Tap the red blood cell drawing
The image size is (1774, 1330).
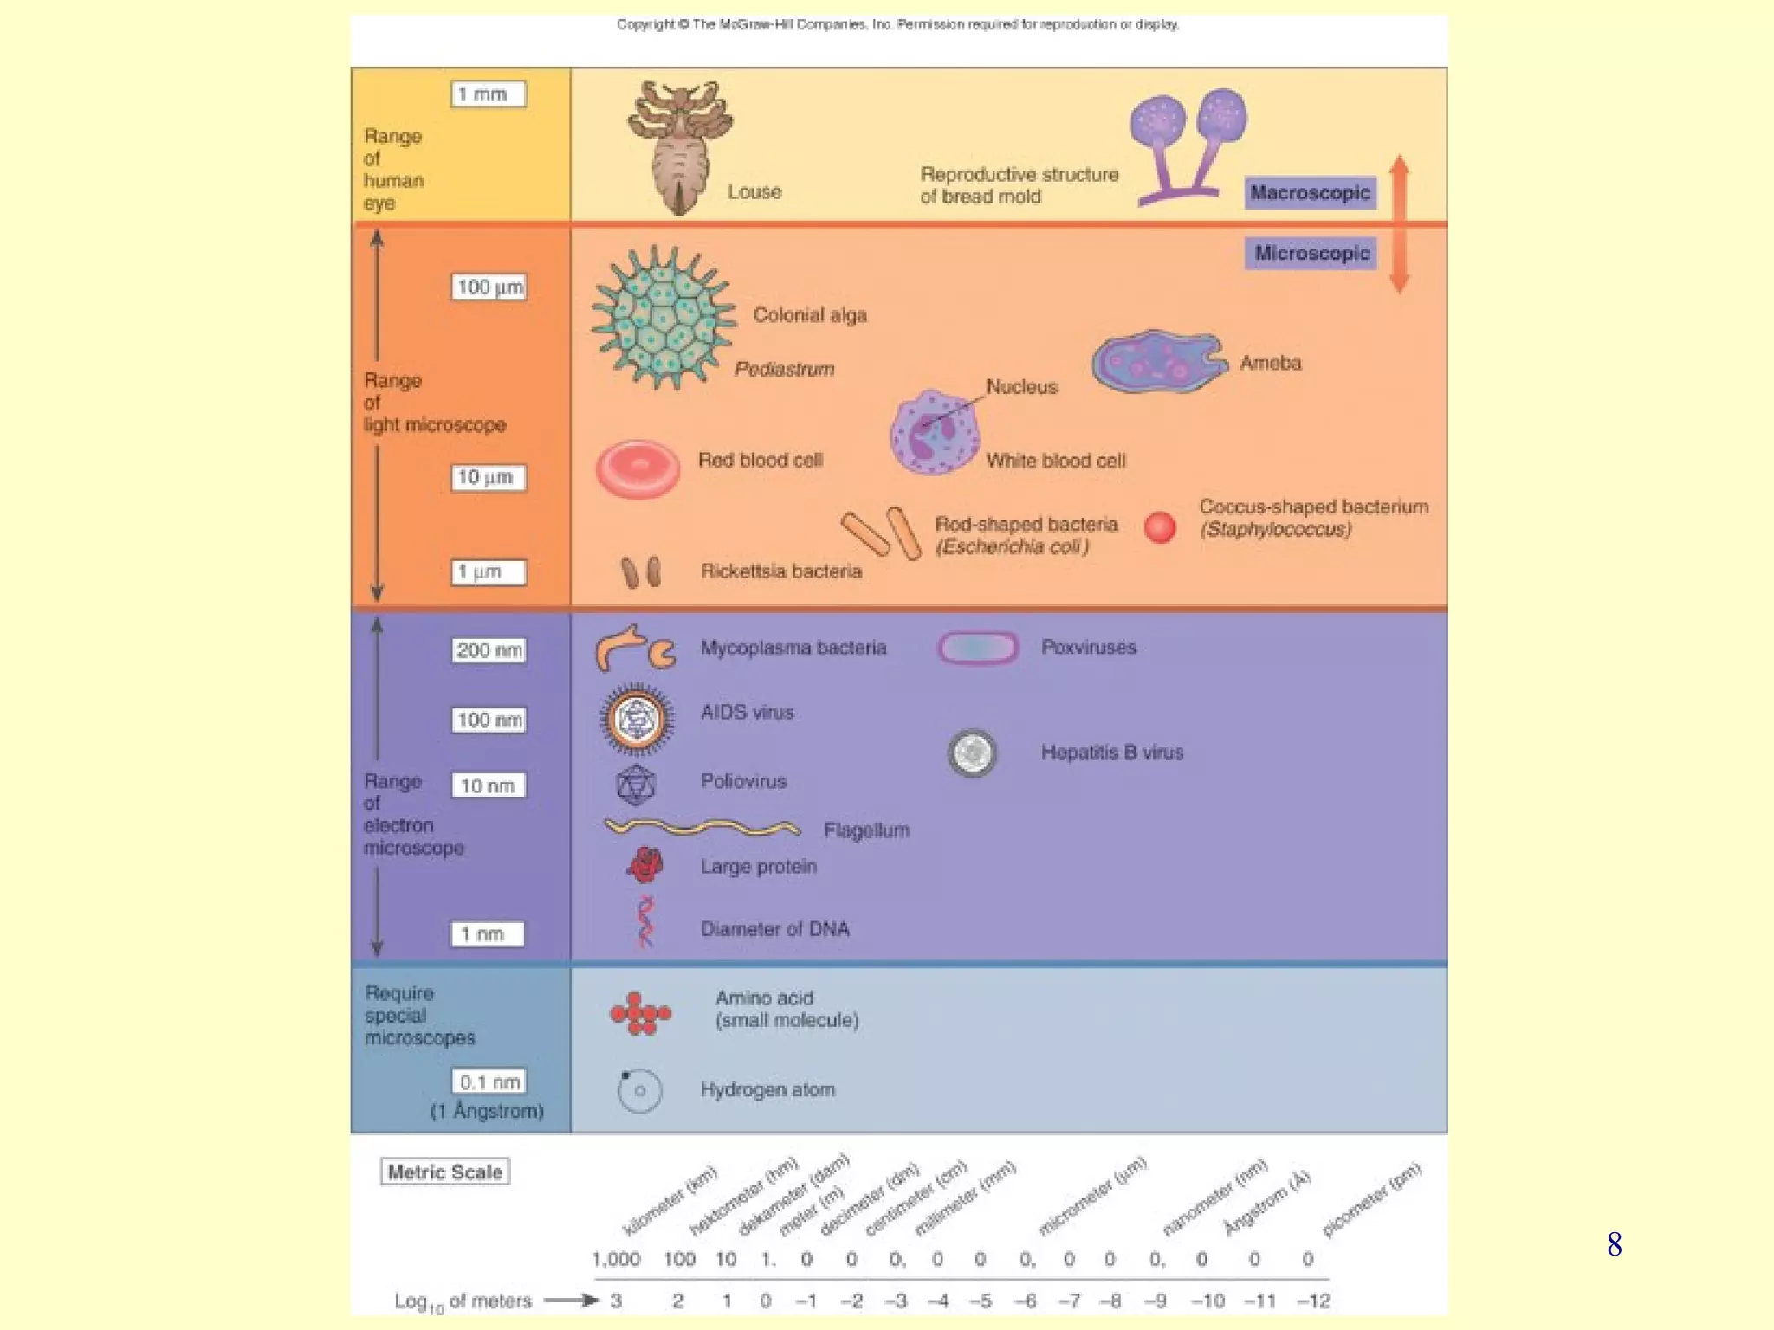pos(638,469)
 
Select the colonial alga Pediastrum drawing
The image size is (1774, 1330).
pos(663,317)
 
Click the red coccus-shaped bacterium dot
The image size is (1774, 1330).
pos(1160,527)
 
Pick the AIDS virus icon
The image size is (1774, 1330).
pos(637,719)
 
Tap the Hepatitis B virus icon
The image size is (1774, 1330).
pos(972,752)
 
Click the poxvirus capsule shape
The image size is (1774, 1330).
pos(977,648)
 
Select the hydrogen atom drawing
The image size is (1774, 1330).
pos(639,1090)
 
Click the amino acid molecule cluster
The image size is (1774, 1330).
pos(640,1013)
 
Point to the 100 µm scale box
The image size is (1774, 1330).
pos(489,287)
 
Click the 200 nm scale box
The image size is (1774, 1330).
pos(489,650)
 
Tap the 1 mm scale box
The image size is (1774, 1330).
pos(489,94)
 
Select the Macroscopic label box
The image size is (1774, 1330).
pos(1310,192)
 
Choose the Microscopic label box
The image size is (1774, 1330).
pos(1311,253)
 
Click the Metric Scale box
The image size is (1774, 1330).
pos(444,1172)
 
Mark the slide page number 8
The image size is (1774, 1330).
pos(1614,1244)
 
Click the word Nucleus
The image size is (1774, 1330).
pos(1021,387)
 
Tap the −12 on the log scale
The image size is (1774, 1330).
pos(1313,1301)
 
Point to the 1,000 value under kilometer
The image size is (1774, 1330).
pos(616,1259)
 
